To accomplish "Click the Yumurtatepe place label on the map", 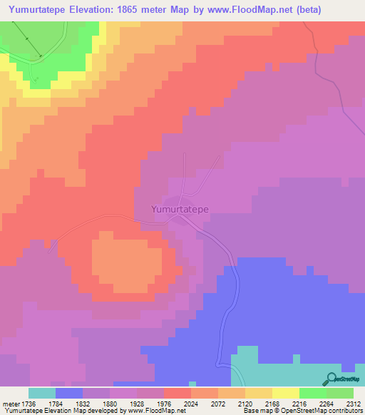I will click(x=179, y=210).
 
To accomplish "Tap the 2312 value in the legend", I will click(x=352, y=404).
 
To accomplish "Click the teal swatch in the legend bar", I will click(x=41, y=393).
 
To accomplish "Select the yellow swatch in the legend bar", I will click(x=285, y=393).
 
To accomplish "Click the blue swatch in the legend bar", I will click(x=68, y=393).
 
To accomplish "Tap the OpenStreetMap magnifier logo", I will click(x=331, y=379).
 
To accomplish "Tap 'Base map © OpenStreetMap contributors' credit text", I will click(x=300, y=411).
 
